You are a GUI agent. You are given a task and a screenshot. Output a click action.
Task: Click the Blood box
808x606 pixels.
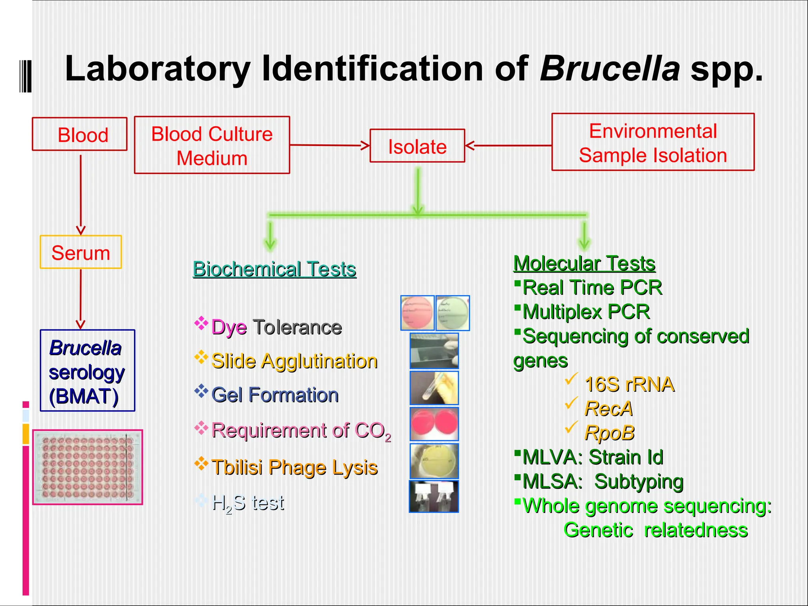(80, 134)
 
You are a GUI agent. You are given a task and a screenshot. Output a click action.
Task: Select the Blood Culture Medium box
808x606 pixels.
(212, 145)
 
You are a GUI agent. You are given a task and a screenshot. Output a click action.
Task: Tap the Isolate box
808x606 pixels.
(417, 146)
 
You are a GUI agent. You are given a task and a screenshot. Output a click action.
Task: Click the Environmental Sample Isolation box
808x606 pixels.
(653, 142)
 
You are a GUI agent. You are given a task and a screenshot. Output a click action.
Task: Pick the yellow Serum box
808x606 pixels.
(80, 252)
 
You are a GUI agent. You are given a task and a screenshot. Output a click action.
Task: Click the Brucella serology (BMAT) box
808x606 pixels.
(87, 371)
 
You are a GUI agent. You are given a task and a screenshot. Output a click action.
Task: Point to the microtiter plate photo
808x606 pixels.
(88, 467)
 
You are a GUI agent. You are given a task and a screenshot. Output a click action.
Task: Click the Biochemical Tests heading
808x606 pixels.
(274, 269)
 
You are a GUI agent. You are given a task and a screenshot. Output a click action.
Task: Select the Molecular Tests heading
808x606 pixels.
(584, 263)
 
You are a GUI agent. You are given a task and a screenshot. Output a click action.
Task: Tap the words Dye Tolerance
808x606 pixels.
(276, 327)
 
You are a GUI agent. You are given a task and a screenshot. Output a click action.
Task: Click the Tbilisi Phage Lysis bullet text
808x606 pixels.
(294, 468)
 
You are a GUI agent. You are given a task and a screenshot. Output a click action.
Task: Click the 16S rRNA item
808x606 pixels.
(629, 384)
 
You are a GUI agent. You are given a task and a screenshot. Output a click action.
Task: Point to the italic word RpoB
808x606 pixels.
(609, 433)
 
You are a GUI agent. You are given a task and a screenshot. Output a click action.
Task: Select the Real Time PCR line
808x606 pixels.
(592, 287)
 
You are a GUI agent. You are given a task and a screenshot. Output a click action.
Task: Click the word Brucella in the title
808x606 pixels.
(610, 69)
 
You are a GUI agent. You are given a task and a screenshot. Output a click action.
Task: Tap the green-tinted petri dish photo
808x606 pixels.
(453, 313)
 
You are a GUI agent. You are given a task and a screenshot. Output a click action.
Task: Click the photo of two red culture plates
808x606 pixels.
(434, 424)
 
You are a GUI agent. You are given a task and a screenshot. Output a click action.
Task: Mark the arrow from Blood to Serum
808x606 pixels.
(80, 193)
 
